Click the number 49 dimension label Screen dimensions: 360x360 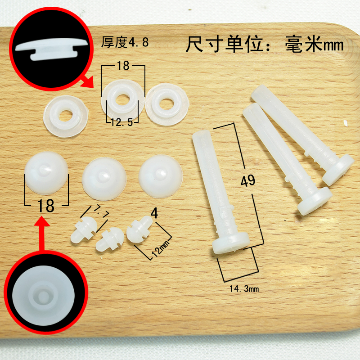248,181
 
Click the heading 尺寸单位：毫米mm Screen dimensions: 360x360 265,45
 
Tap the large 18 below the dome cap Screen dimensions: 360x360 46,206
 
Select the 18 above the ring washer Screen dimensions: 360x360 122,66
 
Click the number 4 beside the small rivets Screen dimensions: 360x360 154,214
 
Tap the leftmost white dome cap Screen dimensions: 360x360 47,174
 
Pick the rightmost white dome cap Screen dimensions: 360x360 161,175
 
